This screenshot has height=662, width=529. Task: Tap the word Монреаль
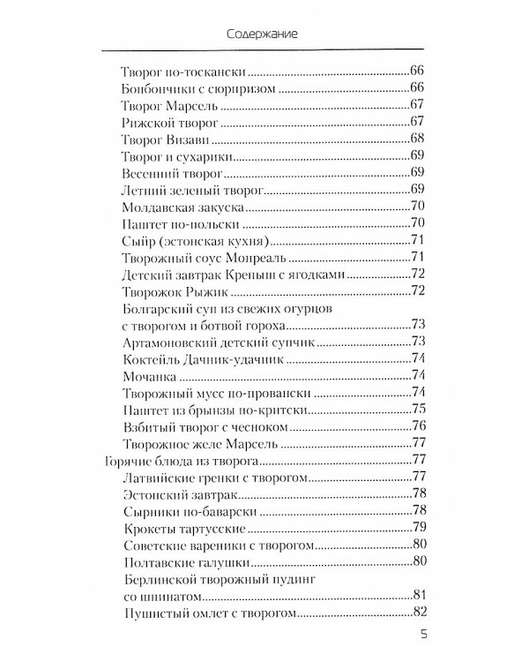pos(260,256)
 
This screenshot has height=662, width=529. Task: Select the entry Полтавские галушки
pos(180,561)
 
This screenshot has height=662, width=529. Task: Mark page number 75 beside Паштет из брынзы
pos(420,408)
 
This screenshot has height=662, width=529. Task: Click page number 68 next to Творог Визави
pos(420,138)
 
